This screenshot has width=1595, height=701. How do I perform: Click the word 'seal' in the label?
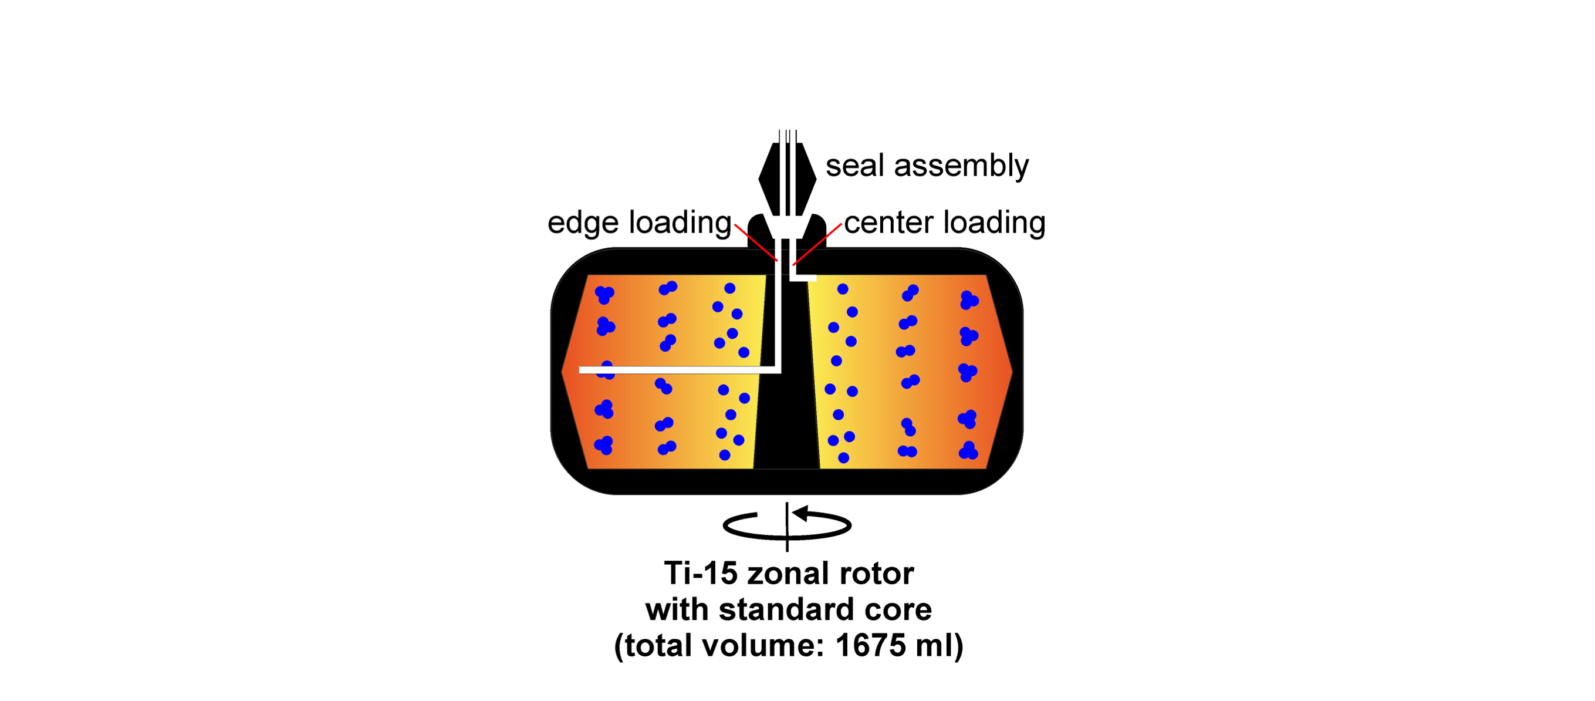pos(854,166)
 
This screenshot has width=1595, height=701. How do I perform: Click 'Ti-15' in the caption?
pos(700,574)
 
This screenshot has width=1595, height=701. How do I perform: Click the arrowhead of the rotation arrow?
pos(800,513)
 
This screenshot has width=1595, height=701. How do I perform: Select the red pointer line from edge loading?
pos(755,242)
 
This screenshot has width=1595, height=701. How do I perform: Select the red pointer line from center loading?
pos(817,244)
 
